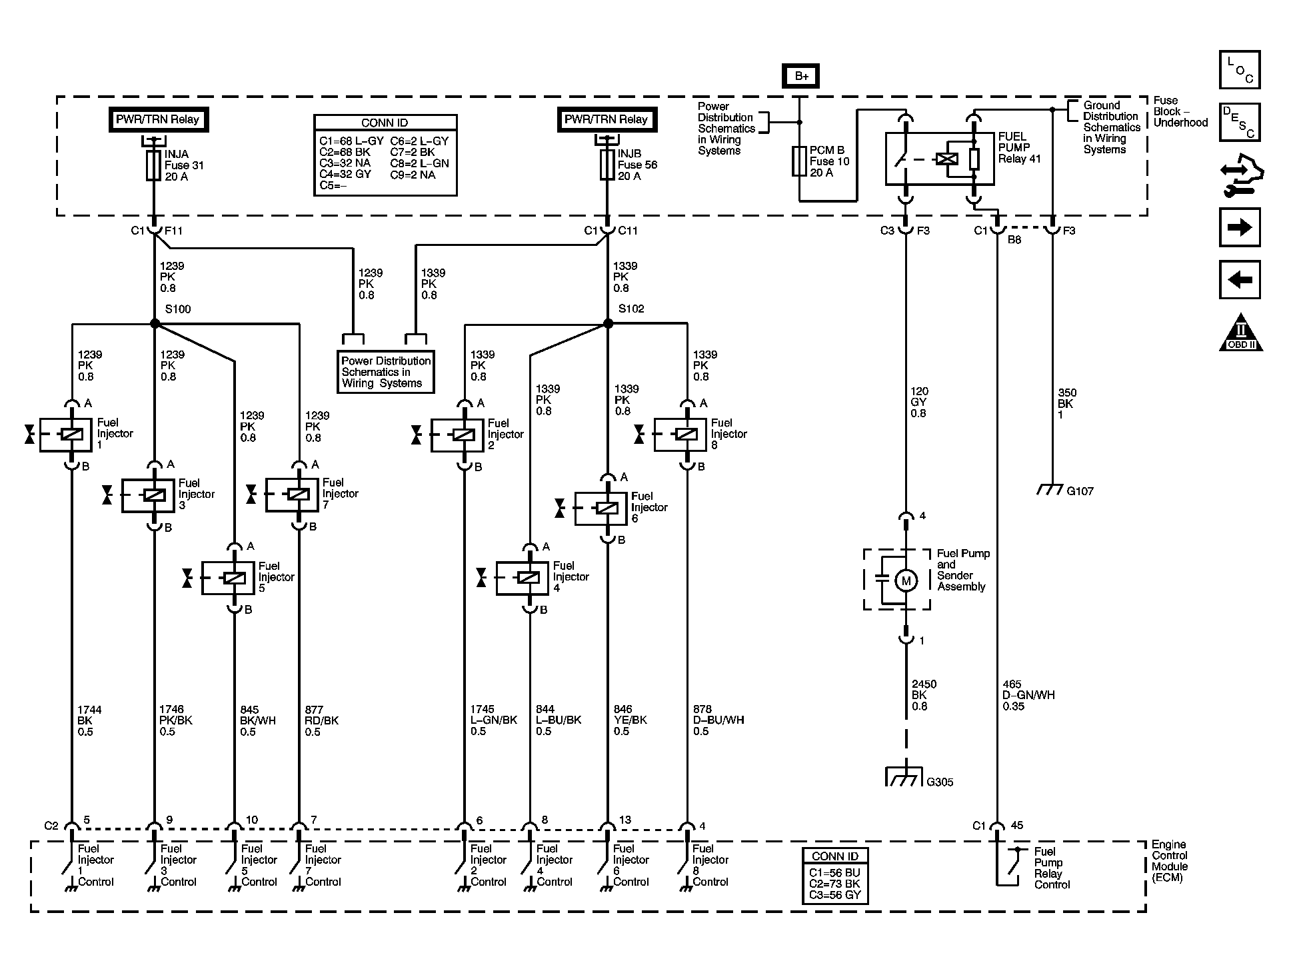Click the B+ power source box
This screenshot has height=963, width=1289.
coord(801,76)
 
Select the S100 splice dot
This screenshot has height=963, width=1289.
coord(155,323)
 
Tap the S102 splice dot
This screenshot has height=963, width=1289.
coord(608,323)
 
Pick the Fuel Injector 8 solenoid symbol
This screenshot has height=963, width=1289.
coord(680,435)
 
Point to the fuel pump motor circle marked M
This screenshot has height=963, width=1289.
coord(906,580)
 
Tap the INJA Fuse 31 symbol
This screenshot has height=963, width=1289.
coord(154,165)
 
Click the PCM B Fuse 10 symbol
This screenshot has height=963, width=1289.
coord(800,161)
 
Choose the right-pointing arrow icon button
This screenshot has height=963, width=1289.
coord(1240,227)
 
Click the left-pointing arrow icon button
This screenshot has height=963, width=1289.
coord(1240,279)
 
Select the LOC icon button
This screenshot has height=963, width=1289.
coord(1240,69)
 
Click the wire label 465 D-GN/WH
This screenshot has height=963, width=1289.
coord(1028,694)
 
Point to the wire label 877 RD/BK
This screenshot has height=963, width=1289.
coord(322,720)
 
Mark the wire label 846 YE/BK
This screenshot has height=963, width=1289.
coord(631,720)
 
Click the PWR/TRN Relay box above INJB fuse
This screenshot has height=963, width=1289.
coord(606,120)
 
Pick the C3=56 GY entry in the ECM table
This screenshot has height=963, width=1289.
coord(835,895)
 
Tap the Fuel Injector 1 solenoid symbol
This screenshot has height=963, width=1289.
coord(65,435)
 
